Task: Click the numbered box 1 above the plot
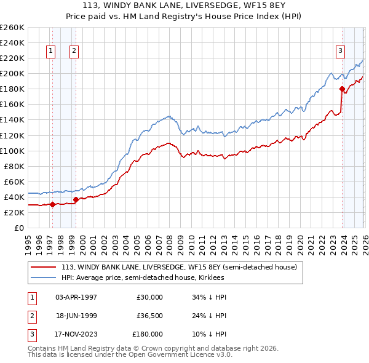(50, 52)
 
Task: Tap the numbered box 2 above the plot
(73, 52)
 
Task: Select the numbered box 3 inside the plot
(340, 52)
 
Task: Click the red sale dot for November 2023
(342, 89)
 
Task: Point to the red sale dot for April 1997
(52, 204)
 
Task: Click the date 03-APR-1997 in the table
(76, 297)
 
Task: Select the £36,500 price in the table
(149, 316)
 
